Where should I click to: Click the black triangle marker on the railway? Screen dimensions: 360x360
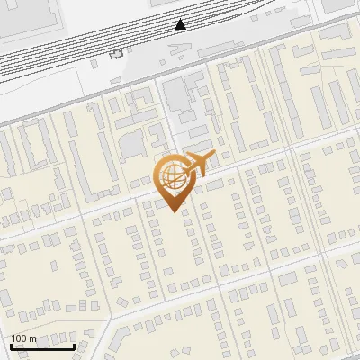coord(181,24)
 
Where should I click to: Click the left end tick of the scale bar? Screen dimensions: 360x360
coord(11,346)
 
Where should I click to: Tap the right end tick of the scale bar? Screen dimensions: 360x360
coord(74,346)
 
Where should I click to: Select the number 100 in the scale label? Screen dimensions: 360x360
coord(19,338)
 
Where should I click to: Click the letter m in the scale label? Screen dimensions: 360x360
coord(32,338)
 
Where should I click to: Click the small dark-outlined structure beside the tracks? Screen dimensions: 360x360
coord(115,54)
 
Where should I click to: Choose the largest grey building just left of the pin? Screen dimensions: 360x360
coord(132,144)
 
